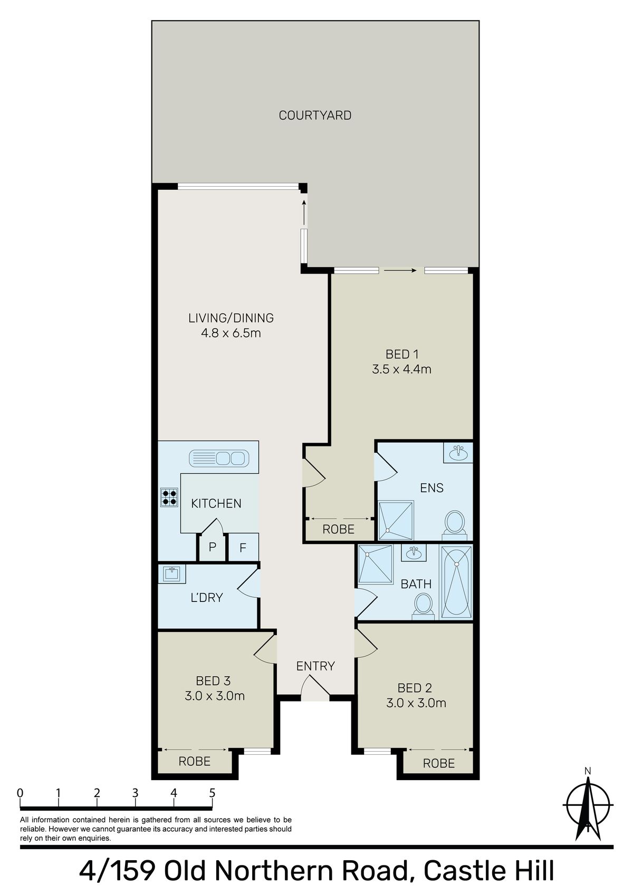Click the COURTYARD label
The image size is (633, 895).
315,115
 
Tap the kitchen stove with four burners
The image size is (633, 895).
169,498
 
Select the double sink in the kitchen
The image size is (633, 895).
219,458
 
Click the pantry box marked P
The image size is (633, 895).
212,547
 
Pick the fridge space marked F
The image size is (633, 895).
243,548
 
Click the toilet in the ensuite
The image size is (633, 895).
454,522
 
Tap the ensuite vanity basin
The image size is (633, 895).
458,452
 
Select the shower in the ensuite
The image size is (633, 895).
396,520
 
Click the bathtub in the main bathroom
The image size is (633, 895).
456,581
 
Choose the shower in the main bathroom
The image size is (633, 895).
376,565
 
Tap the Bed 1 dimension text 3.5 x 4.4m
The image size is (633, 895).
401,369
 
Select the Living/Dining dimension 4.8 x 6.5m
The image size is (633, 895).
231,333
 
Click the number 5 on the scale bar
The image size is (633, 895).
212,793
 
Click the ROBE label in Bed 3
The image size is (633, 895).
195,761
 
